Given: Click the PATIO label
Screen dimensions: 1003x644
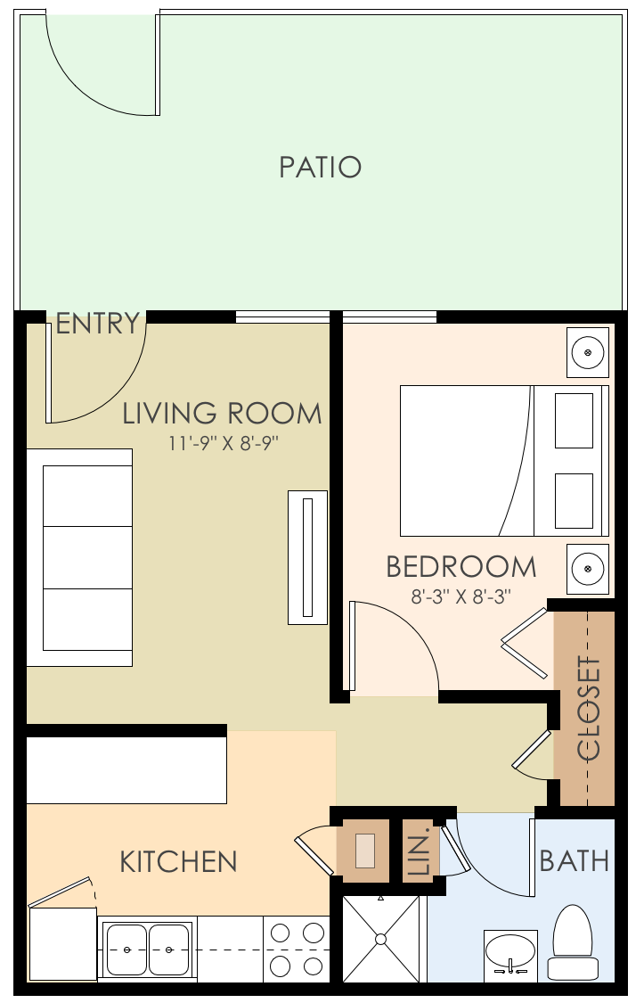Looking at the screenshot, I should pos(320,168).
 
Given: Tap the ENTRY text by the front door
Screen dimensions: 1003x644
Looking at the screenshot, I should pos(97,324).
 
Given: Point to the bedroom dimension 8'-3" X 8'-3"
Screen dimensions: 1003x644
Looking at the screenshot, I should pos(461,596).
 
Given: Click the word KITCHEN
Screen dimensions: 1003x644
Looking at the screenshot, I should pos(178,862).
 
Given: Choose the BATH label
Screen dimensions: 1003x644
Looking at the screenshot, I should pos(575,861).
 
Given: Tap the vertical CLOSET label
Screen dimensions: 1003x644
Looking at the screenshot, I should pos(590,708).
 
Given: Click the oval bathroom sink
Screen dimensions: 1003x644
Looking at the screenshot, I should pos(510,952).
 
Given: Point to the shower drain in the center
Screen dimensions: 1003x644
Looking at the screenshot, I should pos(380,939).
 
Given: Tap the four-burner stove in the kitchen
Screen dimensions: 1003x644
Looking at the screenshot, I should pos(298,950).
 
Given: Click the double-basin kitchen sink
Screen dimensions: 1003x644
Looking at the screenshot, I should pos(148,950).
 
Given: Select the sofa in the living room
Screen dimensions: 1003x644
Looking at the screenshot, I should pos(79,557).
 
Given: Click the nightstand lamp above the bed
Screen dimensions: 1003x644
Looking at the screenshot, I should pos(588,352).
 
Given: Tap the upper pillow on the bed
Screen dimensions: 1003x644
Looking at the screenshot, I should pos(574,421).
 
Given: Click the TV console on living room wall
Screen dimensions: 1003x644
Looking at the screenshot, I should pos(308,557).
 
